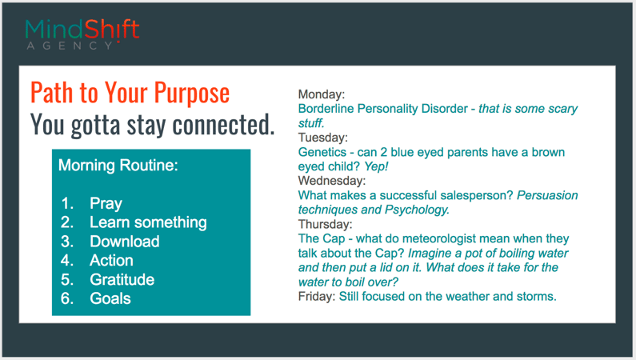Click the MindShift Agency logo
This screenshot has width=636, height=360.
point(82,34)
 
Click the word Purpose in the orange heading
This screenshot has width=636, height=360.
point(191,94)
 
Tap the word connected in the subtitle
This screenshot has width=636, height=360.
point(223,125)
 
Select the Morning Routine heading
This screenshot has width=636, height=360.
point(118,166)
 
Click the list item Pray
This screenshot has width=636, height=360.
point(106,203)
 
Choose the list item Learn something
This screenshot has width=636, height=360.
point(148,222)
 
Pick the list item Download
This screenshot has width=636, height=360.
point(125,242)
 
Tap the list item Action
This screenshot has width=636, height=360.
point(111,260)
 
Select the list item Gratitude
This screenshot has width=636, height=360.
point(122,279)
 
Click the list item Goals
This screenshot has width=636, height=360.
point(110,298)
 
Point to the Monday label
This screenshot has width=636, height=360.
point(322,94)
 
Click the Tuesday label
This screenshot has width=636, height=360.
point(323,138)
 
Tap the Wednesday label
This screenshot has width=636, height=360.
point(332,181)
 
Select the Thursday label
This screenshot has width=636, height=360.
point(326,224)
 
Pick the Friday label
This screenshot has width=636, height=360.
point(317,296)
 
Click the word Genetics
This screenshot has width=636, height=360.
point(322,152)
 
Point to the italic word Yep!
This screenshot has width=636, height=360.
point(376,166)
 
